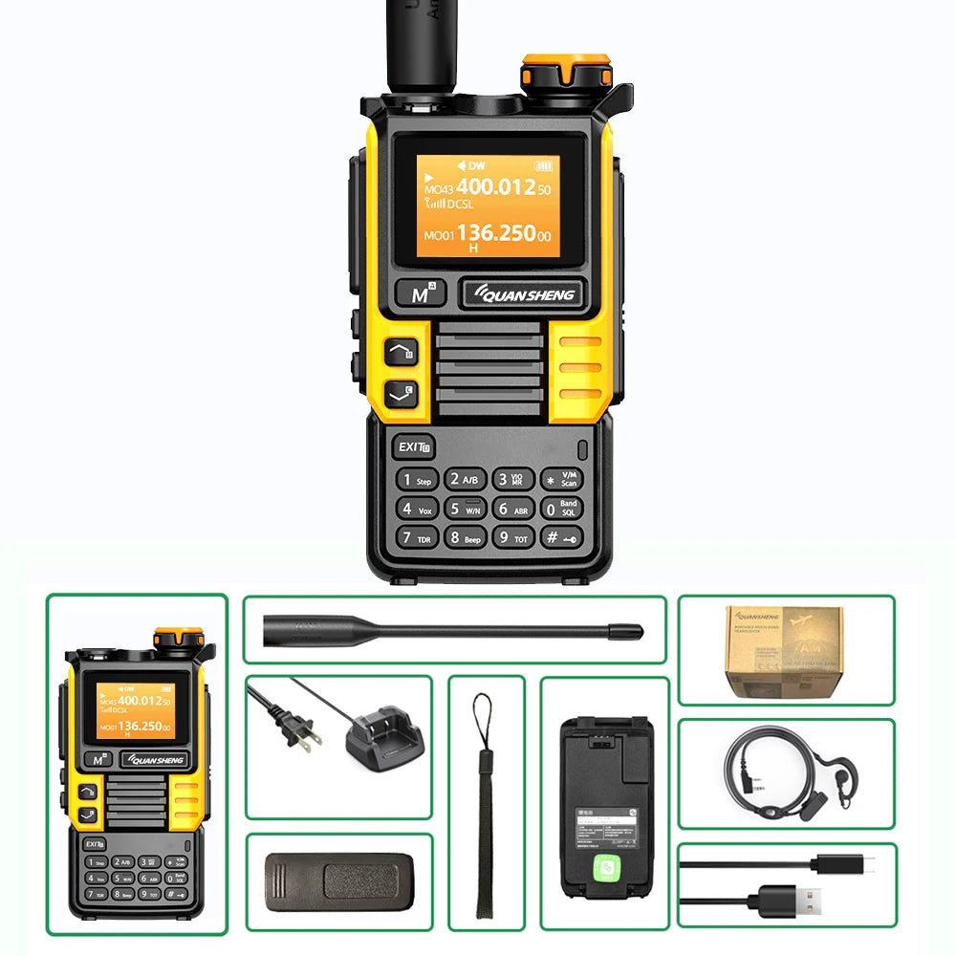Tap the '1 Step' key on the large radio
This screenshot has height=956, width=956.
pyautogui.click(x=417, y=480)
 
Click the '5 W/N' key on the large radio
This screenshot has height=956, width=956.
pyautogui.click(x=465, y=509)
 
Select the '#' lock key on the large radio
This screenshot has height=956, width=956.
pyautogui.click(x=560, y=538)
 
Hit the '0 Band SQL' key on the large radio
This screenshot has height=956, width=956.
pyautogui.click(x=560, y=509)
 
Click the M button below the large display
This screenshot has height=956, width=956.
pyautogui.click(x=420, y=294)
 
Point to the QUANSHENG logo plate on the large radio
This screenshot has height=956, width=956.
pyautogui.click(x=522, y=294)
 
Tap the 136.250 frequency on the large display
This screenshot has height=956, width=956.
pyautogui.click(x=494, y=232)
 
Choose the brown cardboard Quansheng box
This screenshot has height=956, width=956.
pyautogui.click(x=784, y=650)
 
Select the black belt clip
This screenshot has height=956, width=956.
pyautogui.click(x=339, y=881)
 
